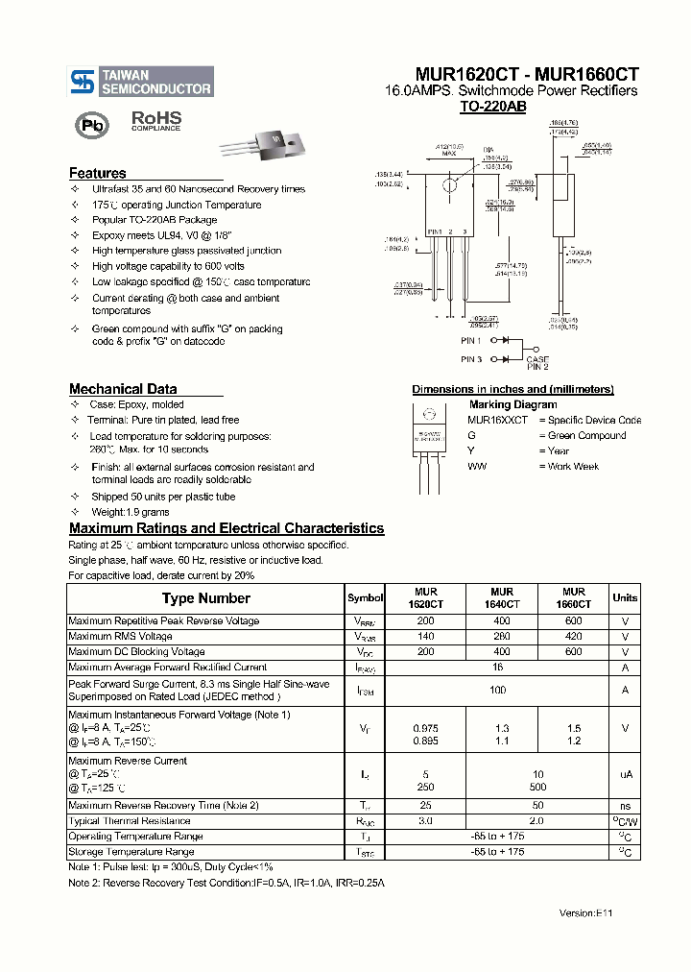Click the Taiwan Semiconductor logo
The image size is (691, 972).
(x=141, y=82)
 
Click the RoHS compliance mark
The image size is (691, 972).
(x=155, y=120)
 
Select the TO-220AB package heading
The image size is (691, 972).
(x=492, y=108)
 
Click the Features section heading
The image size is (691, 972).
(x=97, y=174)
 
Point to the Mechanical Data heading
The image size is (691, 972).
(x=123, y=389)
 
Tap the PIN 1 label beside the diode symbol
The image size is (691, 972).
(x=470, y=340)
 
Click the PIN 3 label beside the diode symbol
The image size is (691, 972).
(x=470, y=358)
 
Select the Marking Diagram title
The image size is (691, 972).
(x=512, y=404)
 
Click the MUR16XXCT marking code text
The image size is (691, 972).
(x=497, y=420)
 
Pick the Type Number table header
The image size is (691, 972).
(x=205, y=597)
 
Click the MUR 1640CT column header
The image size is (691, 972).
(x=501, y=597)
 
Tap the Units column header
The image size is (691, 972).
(x=625, y=597)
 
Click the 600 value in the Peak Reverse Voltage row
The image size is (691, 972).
(x=574, y=620)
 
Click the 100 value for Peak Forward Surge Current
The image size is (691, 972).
(x=497, y=690)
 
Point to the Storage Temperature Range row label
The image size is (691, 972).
(x=131, y=851)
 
